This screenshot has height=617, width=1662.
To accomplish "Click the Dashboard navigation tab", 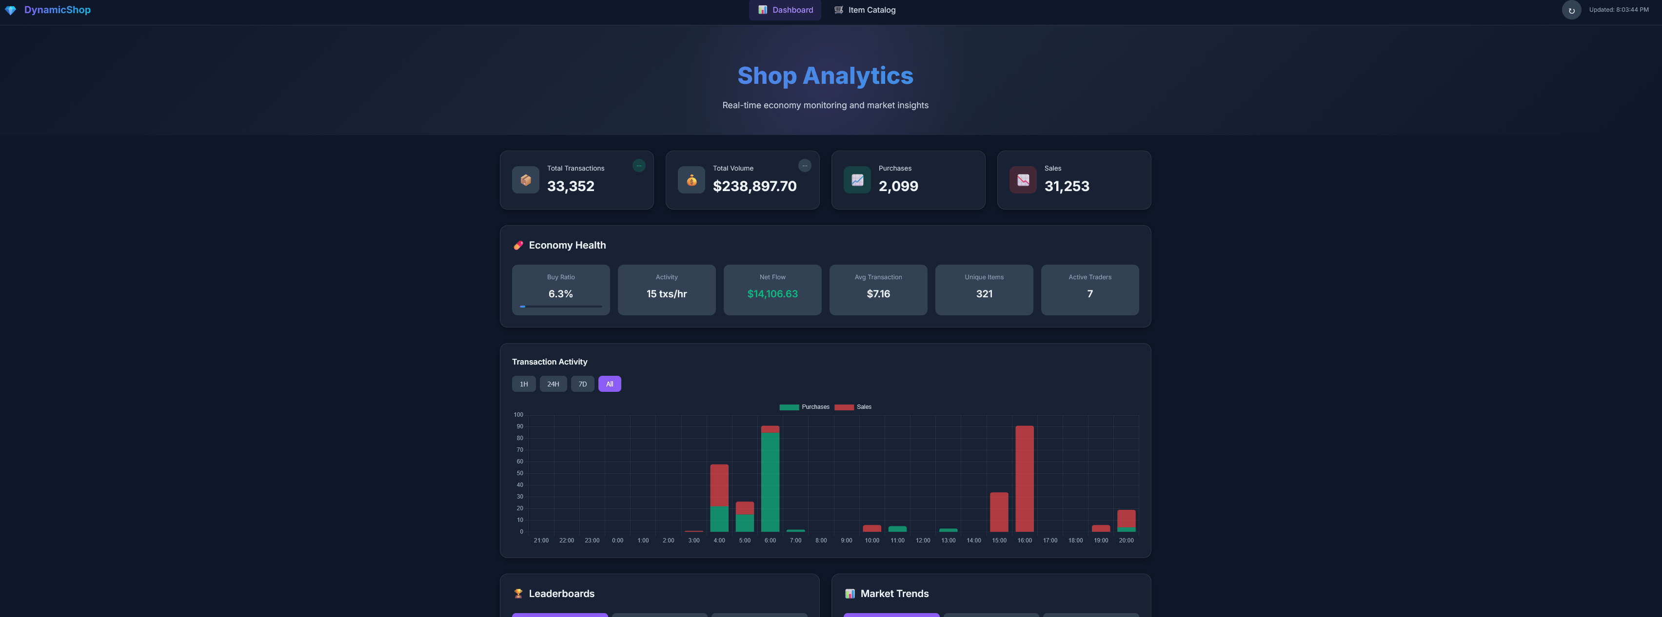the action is point(785,10).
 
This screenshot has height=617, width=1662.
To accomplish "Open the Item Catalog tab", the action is point(865,10).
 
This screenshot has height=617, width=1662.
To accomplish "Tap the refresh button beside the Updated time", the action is point(1571,10).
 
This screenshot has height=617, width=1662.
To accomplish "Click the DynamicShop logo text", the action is point(58,10).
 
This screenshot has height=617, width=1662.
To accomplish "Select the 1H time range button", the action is point(524,384).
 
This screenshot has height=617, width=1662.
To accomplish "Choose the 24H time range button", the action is point(553,384).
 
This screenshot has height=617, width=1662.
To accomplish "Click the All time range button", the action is point(610,384).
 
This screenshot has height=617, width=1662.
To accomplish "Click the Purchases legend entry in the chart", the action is point(804,407).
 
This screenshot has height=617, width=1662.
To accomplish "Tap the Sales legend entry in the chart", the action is point(853,407).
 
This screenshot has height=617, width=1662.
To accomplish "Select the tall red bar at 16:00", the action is point(1025,479).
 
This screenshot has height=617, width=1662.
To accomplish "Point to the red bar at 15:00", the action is point(999,512).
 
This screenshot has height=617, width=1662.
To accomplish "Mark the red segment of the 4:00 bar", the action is point(719,485).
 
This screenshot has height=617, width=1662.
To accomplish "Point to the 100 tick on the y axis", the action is point(518,415).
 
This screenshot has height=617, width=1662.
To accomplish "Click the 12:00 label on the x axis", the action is point(923,540).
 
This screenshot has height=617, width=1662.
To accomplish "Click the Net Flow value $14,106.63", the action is point(772,294).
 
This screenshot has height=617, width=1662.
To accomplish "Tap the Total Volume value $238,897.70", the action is point(755,186).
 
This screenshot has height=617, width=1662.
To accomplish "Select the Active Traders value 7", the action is point(1090,294).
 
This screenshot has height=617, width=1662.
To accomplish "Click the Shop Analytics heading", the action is point(825,76).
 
